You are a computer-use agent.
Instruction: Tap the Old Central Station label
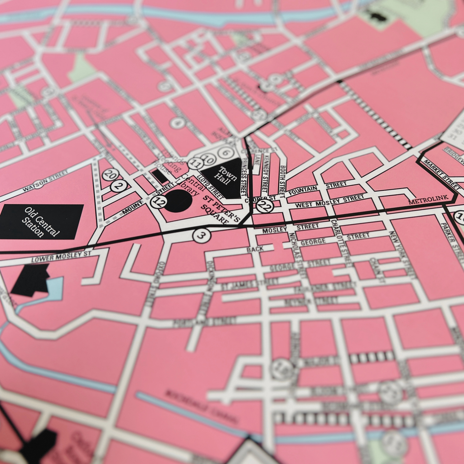click(x=42, y=222)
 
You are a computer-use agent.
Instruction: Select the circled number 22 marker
click(x=265, y=206)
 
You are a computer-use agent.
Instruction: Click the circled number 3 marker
click(x=202, y=235)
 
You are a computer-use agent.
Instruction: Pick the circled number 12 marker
click(x=158, y=202)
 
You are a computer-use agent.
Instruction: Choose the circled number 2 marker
click(x=119, y=185)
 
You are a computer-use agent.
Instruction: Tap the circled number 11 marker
click(x=195, y=163)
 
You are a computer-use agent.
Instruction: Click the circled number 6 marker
click(x=226, y=153)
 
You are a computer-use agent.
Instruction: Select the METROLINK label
click(x=428, y=198)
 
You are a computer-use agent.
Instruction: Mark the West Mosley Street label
click(x=329, y=201)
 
